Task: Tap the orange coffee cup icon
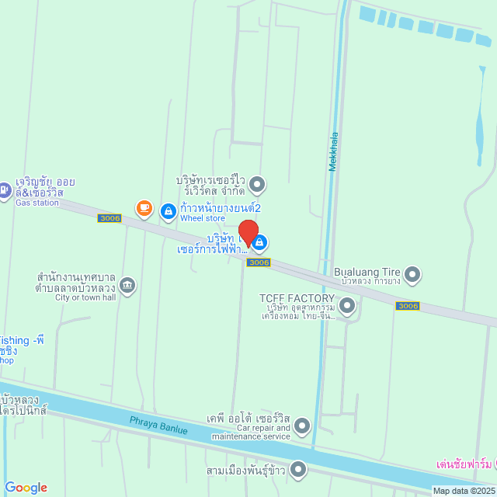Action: (144, 207)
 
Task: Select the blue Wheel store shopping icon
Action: (168, 210)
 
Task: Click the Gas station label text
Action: (37, 203)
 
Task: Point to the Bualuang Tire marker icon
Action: (412, 273)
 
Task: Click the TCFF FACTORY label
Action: (297, 297)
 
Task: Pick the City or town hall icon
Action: (128, 285)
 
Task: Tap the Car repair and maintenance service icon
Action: (302, 425)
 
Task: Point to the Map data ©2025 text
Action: (463, 491)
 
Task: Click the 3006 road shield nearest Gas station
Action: (109, 218)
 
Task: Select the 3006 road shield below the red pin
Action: (259, 262)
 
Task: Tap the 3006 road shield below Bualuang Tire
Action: (408, 306)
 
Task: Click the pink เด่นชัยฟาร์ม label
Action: (464, 464)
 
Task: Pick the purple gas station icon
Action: (5, 188)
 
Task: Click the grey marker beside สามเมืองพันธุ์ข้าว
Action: (297, 470)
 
